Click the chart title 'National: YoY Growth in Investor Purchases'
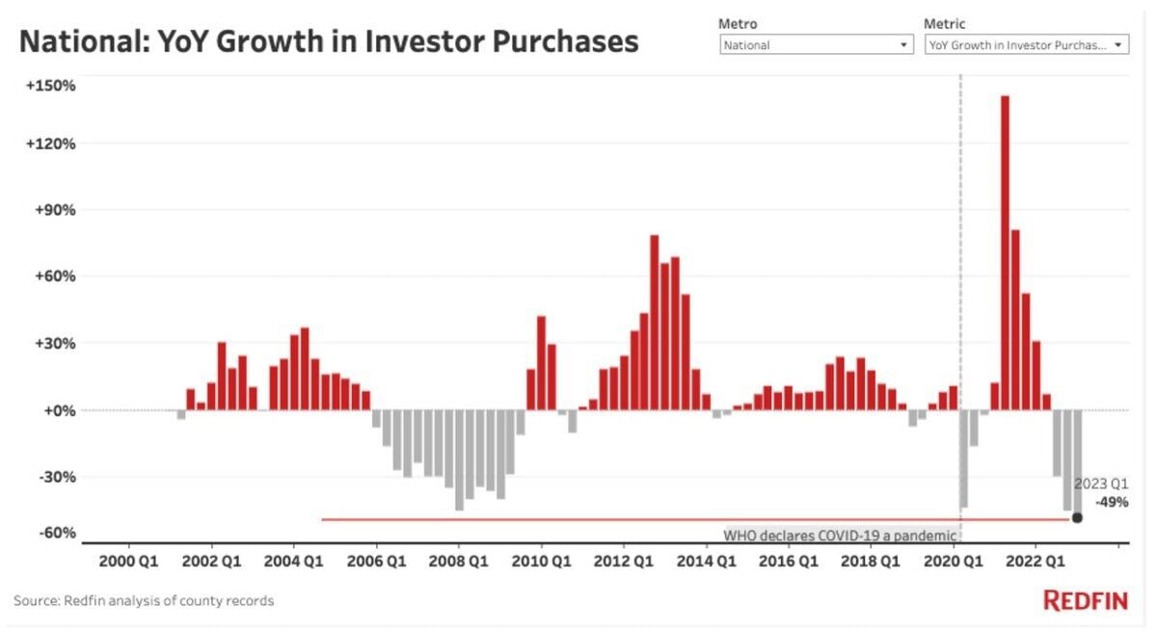pos(329,42)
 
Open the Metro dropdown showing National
pos(816,44)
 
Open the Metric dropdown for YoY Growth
pos(1025,44)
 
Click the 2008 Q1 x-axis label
pos(459,560)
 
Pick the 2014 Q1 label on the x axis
pos(707,560)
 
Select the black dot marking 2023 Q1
pos(1077,518)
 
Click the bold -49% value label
pos(1112,502)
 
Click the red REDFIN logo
pos(1086,600)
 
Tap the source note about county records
pos(144,600)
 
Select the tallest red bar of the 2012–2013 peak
pos(654,322)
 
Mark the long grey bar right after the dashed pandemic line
pos(963,459)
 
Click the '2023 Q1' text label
pos(1101,484)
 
